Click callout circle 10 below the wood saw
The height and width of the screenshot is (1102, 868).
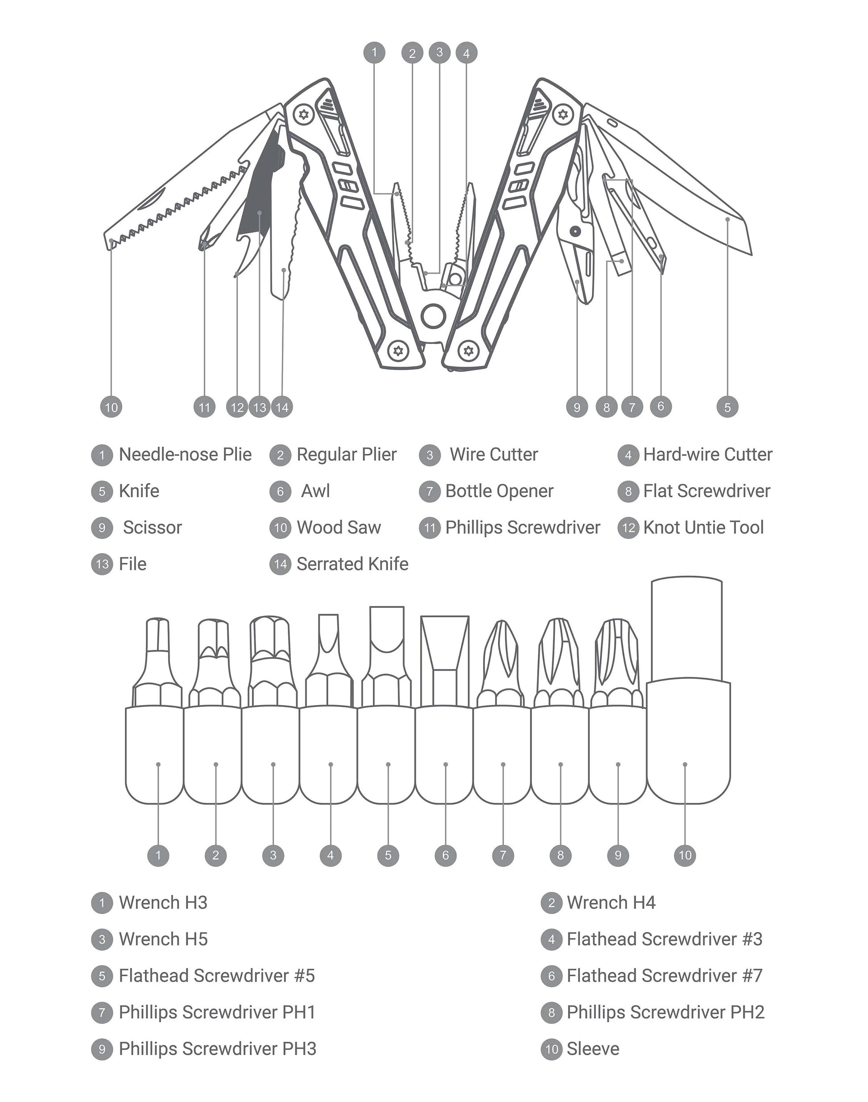tap(112, 407)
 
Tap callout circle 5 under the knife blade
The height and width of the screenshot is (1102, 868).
tap(727, 407)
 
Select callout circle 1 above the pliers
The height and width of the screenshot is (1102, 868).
tap(375, 52)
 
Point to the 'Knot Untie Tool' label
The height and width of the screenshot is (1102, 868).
tap(703, 528)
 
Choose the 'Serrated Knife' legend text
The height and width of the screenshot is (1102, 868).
tap(352, 564)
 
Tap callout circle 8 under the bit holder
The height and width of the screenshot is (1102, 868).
tap(561, 855)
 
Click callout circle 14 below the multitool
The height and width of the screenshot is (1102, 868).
tap(282, 407)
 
